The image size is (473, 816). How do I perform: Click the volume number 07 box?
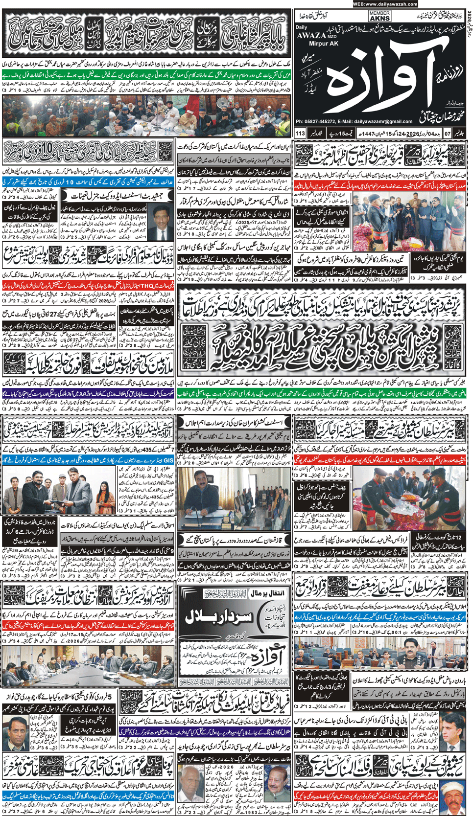(448, 133)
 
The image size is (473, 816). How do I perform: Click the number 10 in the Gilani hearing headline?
(49, 153)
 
